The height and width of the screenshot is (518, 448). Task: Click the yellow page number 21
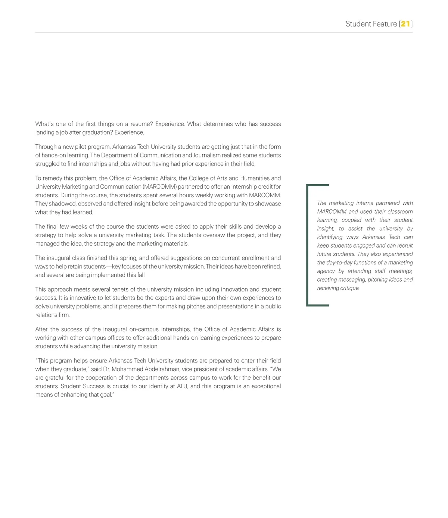[405, 24]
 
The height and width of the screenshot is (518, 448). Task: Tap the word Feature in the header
[385, 24]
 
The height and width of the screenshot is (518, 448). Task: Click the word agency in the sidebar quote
[326, 271]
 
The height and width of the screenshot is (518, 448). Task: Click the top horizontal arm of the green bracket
[318, 185]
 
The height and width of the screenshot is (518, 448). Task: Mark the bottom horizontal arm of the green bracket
[318, 305]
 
